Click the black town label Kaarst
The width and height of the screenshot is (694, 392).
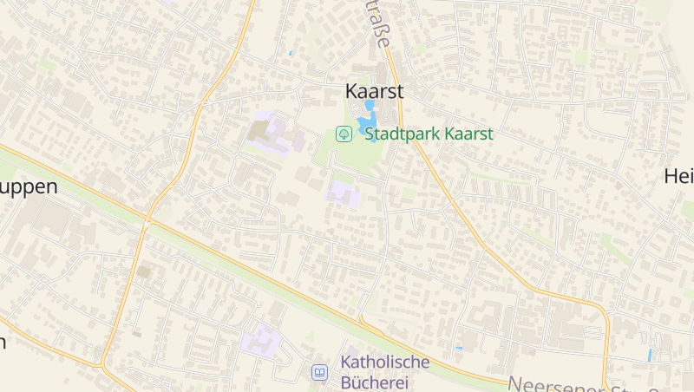click(374, 91)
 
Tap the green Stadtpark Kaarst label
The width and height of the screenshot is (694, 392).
click(429, 134)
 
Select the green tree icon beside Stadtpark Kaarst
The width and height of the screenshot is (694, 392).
click(344, 134)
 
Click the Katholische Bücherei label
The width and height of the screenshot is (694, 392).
click(385, 370)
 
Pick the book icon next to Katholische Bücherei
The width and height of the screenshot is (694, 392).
click(320, 372)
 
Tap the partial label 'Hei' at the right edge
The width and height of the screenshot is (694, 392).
click(678, 176)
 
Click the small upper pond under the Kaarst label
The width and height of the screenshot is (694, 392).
click(370, 105)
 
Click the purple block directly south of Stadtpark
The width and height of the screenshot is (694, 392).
click(343, 193)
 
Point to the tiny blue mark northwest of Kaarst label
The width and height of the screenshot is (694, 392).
click(290, 53)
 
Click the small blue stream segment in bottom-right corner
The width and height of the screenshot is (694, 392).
click(649, 355)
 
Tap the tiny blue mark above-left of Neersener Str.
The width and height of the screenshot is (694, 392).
click(459, 348)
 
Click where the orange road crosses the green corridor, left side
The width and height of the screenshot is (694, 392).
click(147, 219)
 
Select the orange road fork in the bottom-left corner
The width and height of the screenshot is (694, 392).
click(102, 361)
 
